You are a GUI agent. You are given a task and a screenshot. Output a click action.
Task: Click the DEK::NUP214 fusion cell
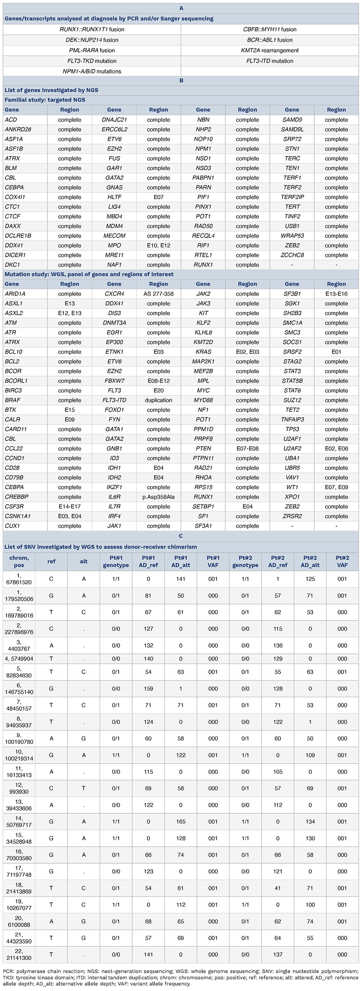pos(92,40)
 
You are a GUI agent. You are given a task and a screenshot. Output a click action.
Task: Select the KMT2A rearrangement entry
pos(270,50)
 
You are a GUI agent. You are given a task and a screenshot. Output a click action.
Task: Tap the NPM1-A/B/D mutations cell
pos(92,71)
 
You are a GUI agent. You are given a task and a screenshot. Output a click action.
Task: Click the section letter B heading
pos(181,80)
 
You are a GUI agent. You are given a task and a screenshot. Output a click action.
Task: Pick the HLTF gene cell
pos(114,197)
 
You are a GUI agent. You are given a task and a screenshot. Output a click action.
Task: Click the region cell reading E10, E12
pos(159,246)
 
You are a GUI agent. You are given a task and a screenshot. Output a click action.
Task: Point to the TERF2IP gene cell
pos(292,197)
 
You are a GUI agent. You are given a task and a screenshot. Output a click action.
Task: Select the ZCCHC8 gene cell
pos(292,255)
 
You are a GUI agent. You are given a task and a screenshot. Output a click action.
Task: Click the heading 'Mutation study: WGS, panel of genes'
pos(89,274)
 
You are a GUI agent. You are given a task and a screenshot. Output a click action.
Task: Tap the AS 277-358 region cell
pos(159,294)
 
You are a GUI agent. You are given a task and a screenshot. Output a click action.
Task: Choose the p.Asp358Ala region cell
pos(159,497)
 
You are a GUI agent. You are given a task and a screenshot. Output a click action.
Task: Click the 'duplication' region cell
pos(159,400)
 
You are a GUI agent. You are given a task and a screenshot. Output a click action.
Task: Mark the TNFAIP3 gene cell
pos(292,419)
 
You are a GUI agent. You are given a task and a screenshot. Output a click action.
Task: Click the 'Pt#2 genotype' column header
pos(245,562)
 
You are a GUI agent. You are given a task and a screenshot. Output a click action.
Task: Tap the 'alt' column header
pos(84,562)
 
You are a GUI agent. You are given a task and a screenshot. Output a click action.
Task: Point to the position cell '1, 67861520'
pos(19,579)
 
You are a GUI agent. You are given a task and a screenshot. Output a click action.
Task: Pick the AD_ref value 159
pos(148,689)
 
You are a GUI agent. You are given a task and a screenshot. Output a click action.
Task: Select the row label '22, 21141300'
pos(19,954)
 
